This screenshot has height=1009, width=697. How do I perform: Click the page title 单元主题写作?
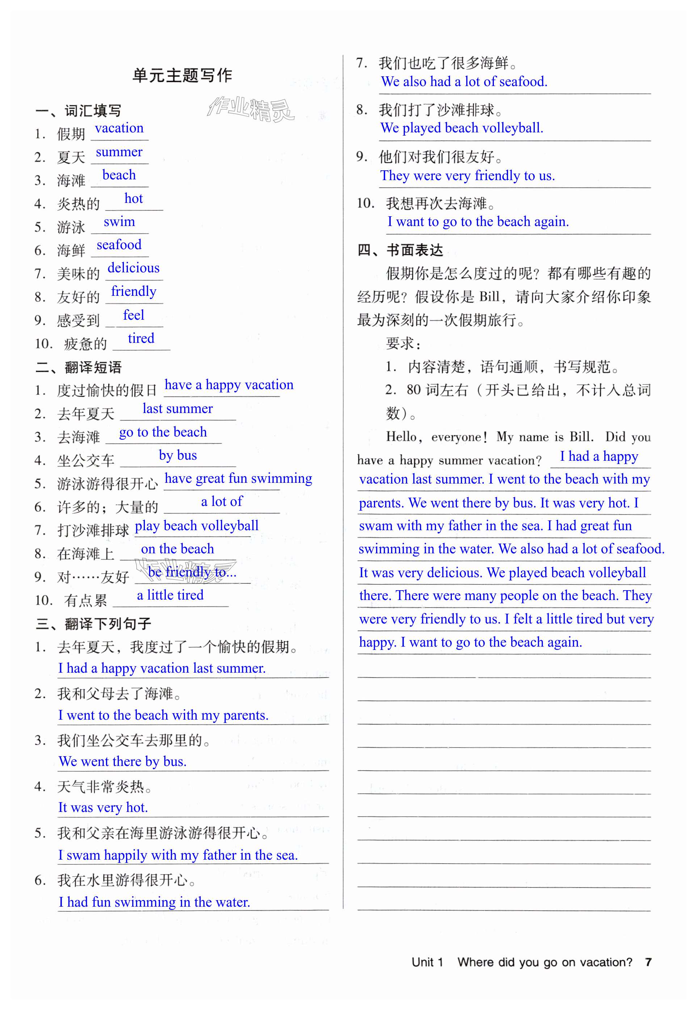pyautogui.click(x=182, y=76)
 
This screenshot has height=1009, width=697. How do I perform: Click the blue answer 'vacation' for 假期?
pyautogui.click(x=119, y=128)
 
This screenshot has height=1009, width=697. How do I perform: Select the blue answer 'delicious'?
pyautogui.click(x=133, y=268)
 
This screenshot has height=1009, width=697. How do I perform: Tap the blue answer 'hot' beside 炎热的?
pyautogui.click(x=133, y=199)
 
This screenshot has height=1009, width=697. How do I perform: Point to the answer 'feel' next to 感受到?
pyautogui.click(x=133, y=315)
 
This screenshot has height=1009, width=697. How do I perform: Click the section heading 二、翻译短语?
pyautogui.click(x=79, y=367)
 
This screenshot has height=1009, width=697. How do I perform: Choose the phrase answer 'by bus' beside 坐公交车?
pyautogui.click(x=178, y=455)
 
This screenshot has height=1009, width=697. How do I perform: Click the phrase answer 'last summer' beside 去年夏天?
pyautogui.click(x=177, y=409)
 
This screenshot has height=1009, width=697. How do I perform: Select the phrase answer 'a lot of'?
pyautogui.click(x=222, y=502)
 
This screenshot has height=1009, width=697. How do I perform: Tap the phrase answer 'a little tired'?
pyautogui.click(x=170, y=595)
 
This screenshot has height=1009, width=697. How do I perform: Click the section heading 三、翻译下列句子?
pyautogui.click(x=93, y=624)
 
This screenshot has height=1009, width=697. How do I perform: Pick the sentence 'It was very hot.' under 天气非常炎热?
pyautogui.click(x=103, y=808)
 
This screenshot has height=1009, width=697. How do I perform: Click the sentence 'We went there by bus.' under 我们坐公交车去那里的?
pyautogui.click(x=123, y=761)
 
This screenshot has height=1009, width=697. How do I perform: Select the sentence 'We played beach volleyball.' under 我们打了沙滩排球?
pyautogui.click(x=462, y=128)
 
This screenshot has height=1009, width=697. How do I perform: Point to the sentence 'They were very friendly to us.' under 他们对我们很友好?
pyautogui.click(x=467, y=175)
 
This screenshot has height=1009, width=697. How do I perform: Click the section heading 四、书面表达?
pyautogui.click(x=400, y=250)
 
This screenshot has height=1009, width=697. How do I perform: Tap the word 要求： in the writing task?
pyautogui.click(x=403, y=344)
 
